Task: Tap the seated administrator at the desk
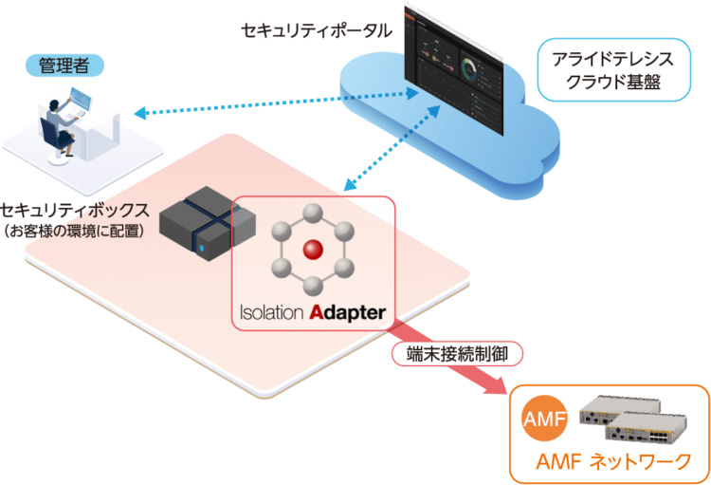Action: (x=59, y=121)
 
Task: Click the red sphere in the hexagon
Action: (x=312, y=250)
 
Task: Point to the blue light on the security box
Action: (x=202, y=250)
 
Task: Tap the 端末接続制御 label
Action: (x=457, y=353)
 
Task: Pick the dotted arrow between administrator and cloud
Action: (x=275, y=103)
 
